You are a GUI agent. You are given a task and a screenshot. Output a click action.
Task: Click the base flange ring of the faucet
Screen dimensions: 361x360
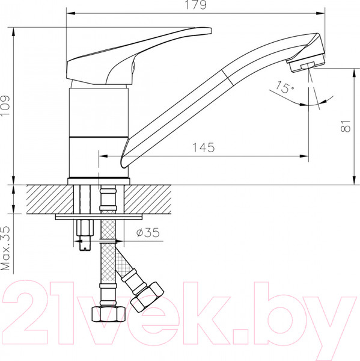(x=99, y=180)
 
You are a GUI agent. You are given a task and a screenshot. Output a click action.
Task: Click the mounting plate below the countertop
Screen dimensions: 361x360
(x=99, y=217)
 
